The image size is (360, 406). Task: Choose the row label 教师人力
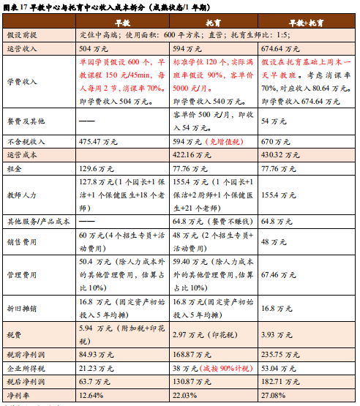click(x=21, y=195)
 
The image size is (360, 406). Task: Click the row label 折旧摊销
click(x=21, y=309)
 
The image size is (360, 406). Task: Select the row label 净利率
click(x=18, y=395)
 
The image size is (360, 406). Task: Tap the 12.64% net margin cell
click(x=91, y=395)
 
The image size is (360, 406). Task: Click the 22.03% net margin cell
click(x=186, y=395)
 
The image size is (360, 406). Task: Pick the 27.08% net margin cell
click(x=274, y=395)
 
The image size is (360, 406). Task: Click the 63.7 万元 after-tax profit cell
click(x=93, y=382)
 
